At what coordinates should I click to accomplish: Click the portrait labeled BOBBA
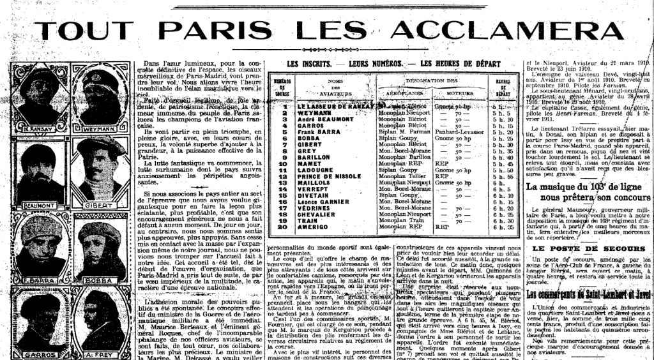coord(100,246)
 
